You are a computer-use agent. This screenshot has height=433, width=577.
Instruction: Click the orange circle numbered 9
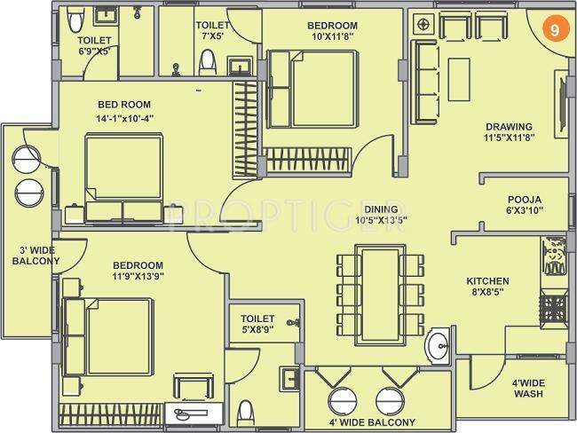(554, 28)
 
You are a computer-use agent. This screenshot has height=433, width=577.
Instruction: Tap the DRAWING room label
(509, 126)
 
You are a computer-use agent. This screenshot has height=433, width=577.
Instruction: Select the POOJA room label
(525, 199)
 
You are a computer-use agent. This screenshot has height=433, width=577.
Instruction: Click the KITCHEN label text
(489, 282)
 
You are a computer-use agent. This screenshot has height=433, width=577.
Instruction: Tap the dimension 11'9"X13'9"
(138, 277)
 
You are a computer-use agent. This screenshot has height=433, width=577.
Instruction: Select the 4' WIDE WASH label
(528, 387)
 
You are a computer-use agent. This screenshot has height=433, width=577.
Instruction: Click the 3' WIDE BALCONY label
(36, 255)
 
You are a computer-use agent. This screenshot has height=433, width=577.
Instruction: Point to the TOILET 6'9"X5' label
(93, 45)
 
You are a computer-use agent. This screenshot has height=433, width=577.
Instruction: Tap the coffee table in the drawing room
(459, 73)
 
